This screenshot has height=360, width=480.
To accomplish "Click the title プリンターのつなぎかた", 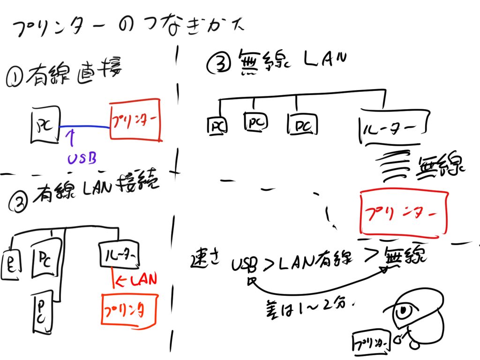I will (127, 29).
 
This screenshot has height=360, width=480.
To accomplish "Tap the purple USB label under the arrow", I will (82, 159).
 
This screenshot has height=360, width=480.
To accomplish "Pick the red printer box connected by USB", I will (135, 120).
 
